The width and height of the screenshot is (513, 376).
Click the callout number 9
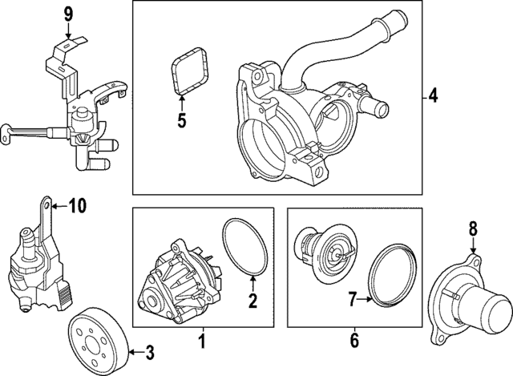68,13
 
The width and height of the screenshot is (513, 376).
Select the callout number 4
432,97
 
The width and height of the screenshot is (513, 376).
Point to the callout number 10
76,206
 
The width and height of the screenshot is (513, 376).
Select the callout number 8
472,229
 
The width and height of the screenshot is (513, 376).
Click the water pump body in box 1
176,281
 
